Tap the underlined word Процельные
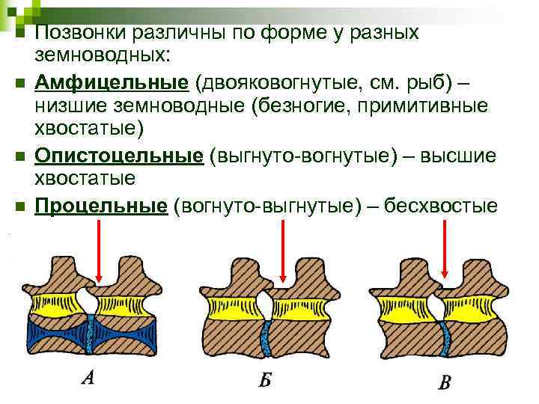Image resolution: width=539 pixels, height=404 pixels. coord(100,205)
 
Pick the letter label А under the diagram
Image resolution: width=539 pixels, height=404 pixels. coord(88,379)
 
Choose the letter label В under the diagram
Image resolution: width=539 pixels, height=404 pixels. coord(445,384)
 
